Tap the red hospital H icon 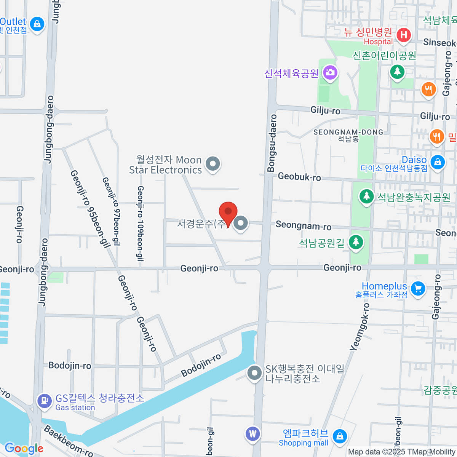(x=403, y=35)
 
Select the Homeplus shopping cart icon (x=418, y=288)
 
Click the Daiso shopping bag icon (x=438, y=162)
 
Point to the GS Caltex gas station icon (x=45, y=401)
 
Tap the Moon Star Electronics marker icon (x=213, y=164)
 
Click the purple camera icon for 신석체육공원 (x=330, y=72)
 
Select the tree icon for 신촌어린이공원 (x=397, y=71)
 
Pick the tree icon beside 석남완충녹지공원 (x=366, y=197)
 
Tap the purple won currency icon (x=252, y=433)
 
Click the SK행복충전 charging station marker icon (x=254, y=373)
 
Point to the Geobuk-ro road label (x=299, y=177)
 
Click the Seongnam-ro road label (x=304, y=225)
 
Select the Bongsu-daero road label (x=272, y=143)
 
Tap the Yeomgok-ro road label (x=360, y=326)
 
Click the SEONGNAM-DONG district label (x=348, y=132)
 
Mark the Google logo (x=24, y=449)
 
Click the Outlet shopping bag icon (x=37, y=24)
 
